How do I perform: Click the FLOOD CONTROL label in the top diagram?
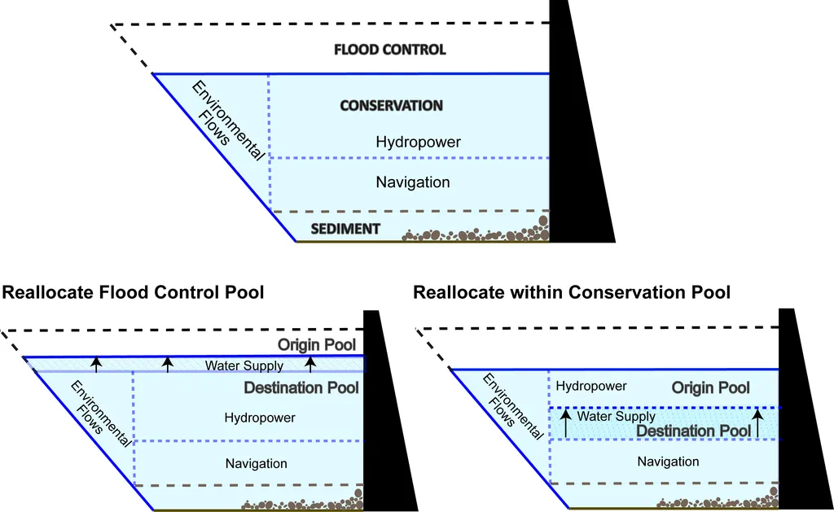[x=390, y=50]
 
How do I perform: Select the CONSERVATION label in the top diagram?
[x=391, y=106]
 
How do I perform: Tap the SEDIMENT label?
[x=345, y=229]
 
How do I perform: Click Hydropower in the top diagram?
[x=418, y=142]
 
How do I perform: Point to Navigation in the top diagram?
[x=412, y=182]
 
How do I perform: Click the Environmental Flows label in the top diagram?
[x=226, y=120]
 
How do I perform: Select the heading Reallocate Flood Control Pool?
[x=134, y=292]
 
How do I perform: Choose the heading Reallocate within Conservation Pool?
[x=572, y=292]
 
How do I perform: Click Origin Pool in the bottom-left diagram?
[x=317, y=344]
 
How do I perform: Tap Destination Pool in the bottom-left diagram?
[x=301, y=387]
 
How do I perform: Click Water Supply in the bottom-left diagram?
[x=244, y=366]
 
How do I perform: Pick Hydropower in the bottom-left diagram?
[x=259, y=418]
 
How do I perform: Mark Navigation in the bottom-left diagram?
[x=257, y=463]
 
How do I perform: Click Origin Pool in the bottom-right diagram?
[x=711, y=388]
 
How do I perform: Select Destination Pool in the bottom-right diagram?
[x=694, y=431]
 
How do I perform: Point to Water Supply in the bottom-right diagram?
[x=617, y=417]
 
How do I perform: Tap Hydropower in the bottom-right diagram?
[x=591, y=386]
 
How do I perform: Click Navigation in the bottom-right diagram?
[x=668, y=462]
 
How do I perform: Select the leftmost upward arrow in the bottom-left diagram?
[x=96, y=364]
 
